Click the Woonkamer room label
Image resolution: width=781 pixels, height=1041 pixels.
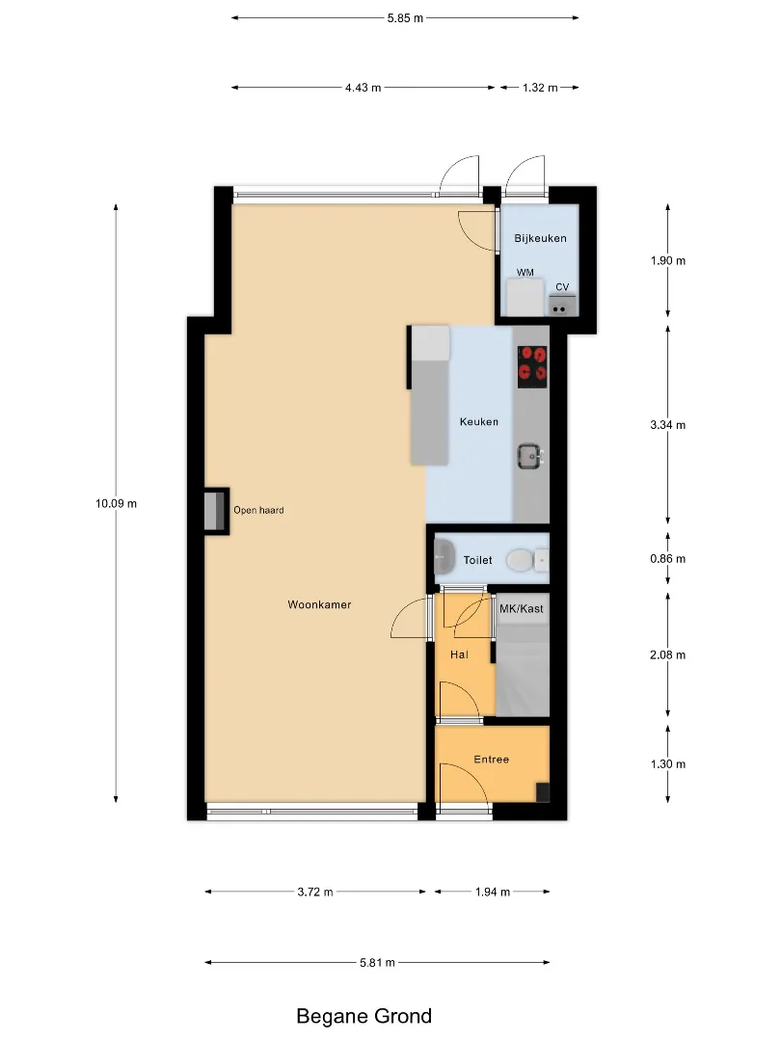pos(319,604)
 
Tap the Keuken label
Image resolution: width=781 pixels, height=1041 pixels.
pos(479,421)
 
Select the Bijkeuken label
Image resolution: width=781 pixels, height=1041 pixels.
pos(540,238)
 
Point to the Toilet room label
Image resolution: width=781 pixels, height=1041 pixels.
pos(477,560)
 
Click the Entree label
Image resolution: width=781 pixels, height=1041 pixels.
pos(492,760)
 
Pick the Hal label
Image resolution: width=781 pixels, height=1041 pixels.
pos(459,654)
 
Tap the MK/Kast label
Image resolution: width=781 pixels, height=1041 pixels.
pos(522,609)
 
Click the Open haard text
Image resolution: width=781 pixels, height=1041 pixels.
pos(258,510)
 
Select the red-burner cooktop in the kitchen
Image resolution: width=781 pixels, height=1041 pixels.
pos(532,366)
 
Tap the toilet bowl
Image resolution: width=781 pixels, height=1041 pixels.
pos(520,560)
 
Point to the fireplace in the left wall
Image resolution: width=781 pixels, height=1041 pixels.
pos(214,511)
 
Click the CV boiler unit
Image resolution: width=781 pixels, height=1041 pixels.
pos(561,305)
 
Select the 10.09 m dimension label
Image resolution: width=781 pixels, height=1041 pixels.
pos(117,503)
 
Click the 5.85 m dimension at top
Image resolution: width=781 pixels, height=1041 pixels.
pos(405,18)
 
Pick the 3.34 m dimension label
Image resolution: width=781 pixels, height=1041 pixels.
pos(667,425)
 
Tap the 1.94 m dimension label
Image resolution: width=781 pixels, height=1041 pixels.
pos(492,892)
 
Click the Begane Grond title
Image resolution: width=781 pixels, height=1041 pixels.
pos(364,1016)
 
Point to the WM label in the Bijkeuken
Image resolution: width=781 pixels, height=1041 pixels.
pos(525,272)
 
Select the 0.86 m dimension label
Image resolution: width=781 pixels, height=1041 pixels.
pos(667,559)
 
